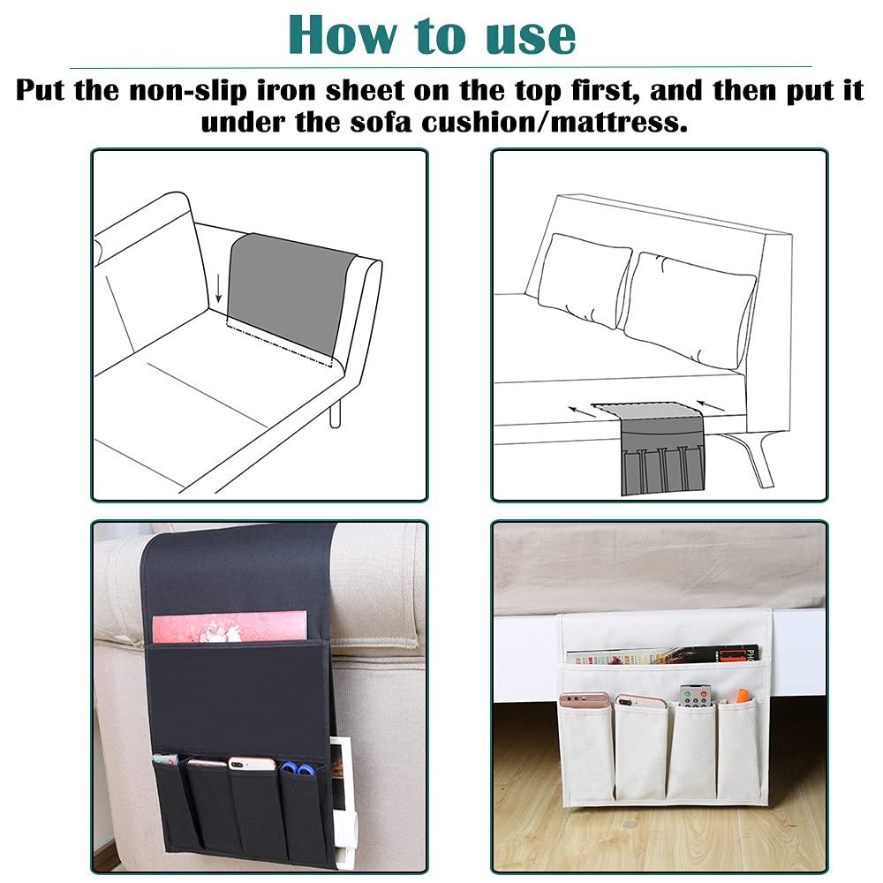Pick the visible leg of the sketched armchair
(336, 413)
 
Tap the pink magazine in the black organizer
(230, 626)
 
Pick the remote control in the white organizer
(695, 696)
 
